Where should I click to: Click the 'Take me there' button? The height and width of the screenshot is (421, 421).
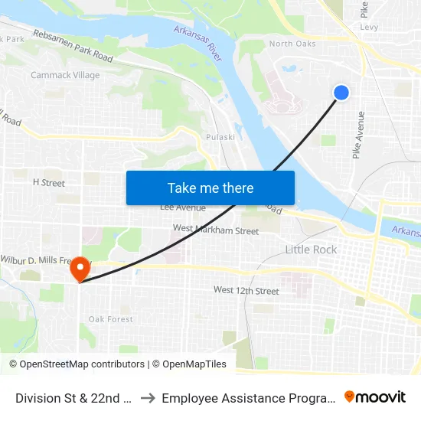pyautogui.click(x=210, y=188)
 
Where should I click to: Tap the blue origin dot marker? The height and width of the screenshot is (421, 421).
pyautogui.click(x=341, y=93)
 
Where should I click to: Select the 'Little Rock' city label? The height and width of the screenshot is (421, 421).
pyautogui.click(x=311, y=250)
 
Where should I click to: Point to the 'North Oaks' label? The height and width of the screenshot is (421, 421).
pyautogui.click(x=292, y=44)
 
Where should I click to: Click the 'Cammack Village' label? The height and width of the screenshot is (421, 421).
pyautogui.click(x=65, y=75)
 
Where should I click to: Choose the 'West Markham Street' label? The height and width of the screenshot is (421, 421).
pyautogui.click(x=216, y=230)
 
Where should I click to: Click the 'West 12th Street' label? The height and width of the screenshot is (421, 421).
pyautogui.click(x=246, y=291)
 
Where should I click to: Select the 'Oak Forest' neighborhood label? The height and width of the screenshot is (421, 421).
pyautogui.click(x=110, y=319)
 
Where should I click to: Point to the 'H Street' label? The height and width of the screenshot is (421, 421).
pyautogui.click(x=48, y=183)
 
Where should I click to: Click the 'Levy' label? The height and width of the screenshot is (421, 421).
pyautogui.click(x=369, y=28)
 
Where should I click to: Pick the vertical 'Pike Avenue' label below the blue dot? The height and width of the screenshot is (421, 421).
pyautogui.click(x=357, y=135)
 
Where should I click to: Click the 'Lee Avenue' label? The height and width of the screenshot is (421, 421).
pyautogui.click(x=182, y=207)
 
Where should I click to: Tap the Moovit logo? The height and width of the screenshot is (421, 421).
pyautogui.click(x=375, y=397)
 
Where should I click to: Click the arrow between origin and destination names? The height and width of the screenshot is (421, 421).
pyautogui.click(x=148, y=397)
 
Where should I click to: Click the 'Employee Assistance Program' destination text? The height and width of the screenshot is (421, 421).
pyautogui.click(x=249, y=397)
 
